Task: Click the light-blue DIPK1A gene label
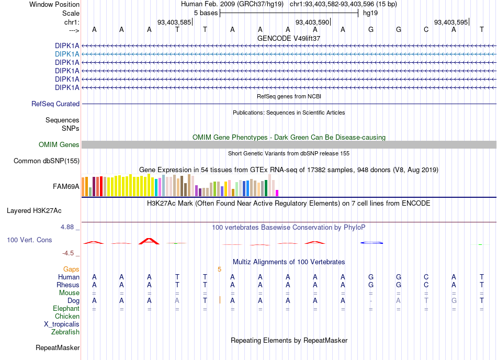pos(67,54)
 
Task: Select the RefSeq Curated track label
pos(55,104)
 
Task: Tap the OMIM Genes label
pos(59,145)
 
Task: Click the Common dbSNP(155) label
pos(46,161)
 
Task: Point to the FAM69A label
pos(66,187)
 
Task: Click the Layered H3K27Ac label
pos(34,211)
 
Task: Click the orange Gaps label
pos(71,269)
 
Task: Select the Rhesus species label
pos(68,285)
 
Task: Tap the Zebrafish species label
pos(65,332)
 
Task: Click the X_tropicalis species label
pos(62,324)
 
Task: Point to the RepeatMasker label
pos(58,348)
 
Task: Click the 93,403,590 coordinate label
pos(312,22)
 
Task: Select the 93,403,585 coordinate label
pos(174,22)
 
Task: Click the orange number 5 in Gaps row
pos(219,269)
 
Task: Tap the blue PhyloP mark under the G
pos(371,243)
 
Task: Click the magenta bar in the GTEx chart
pos(277,193)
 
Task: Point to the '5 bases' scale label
pos(206,13)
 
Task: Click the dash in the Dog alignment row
pos(371,301)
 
